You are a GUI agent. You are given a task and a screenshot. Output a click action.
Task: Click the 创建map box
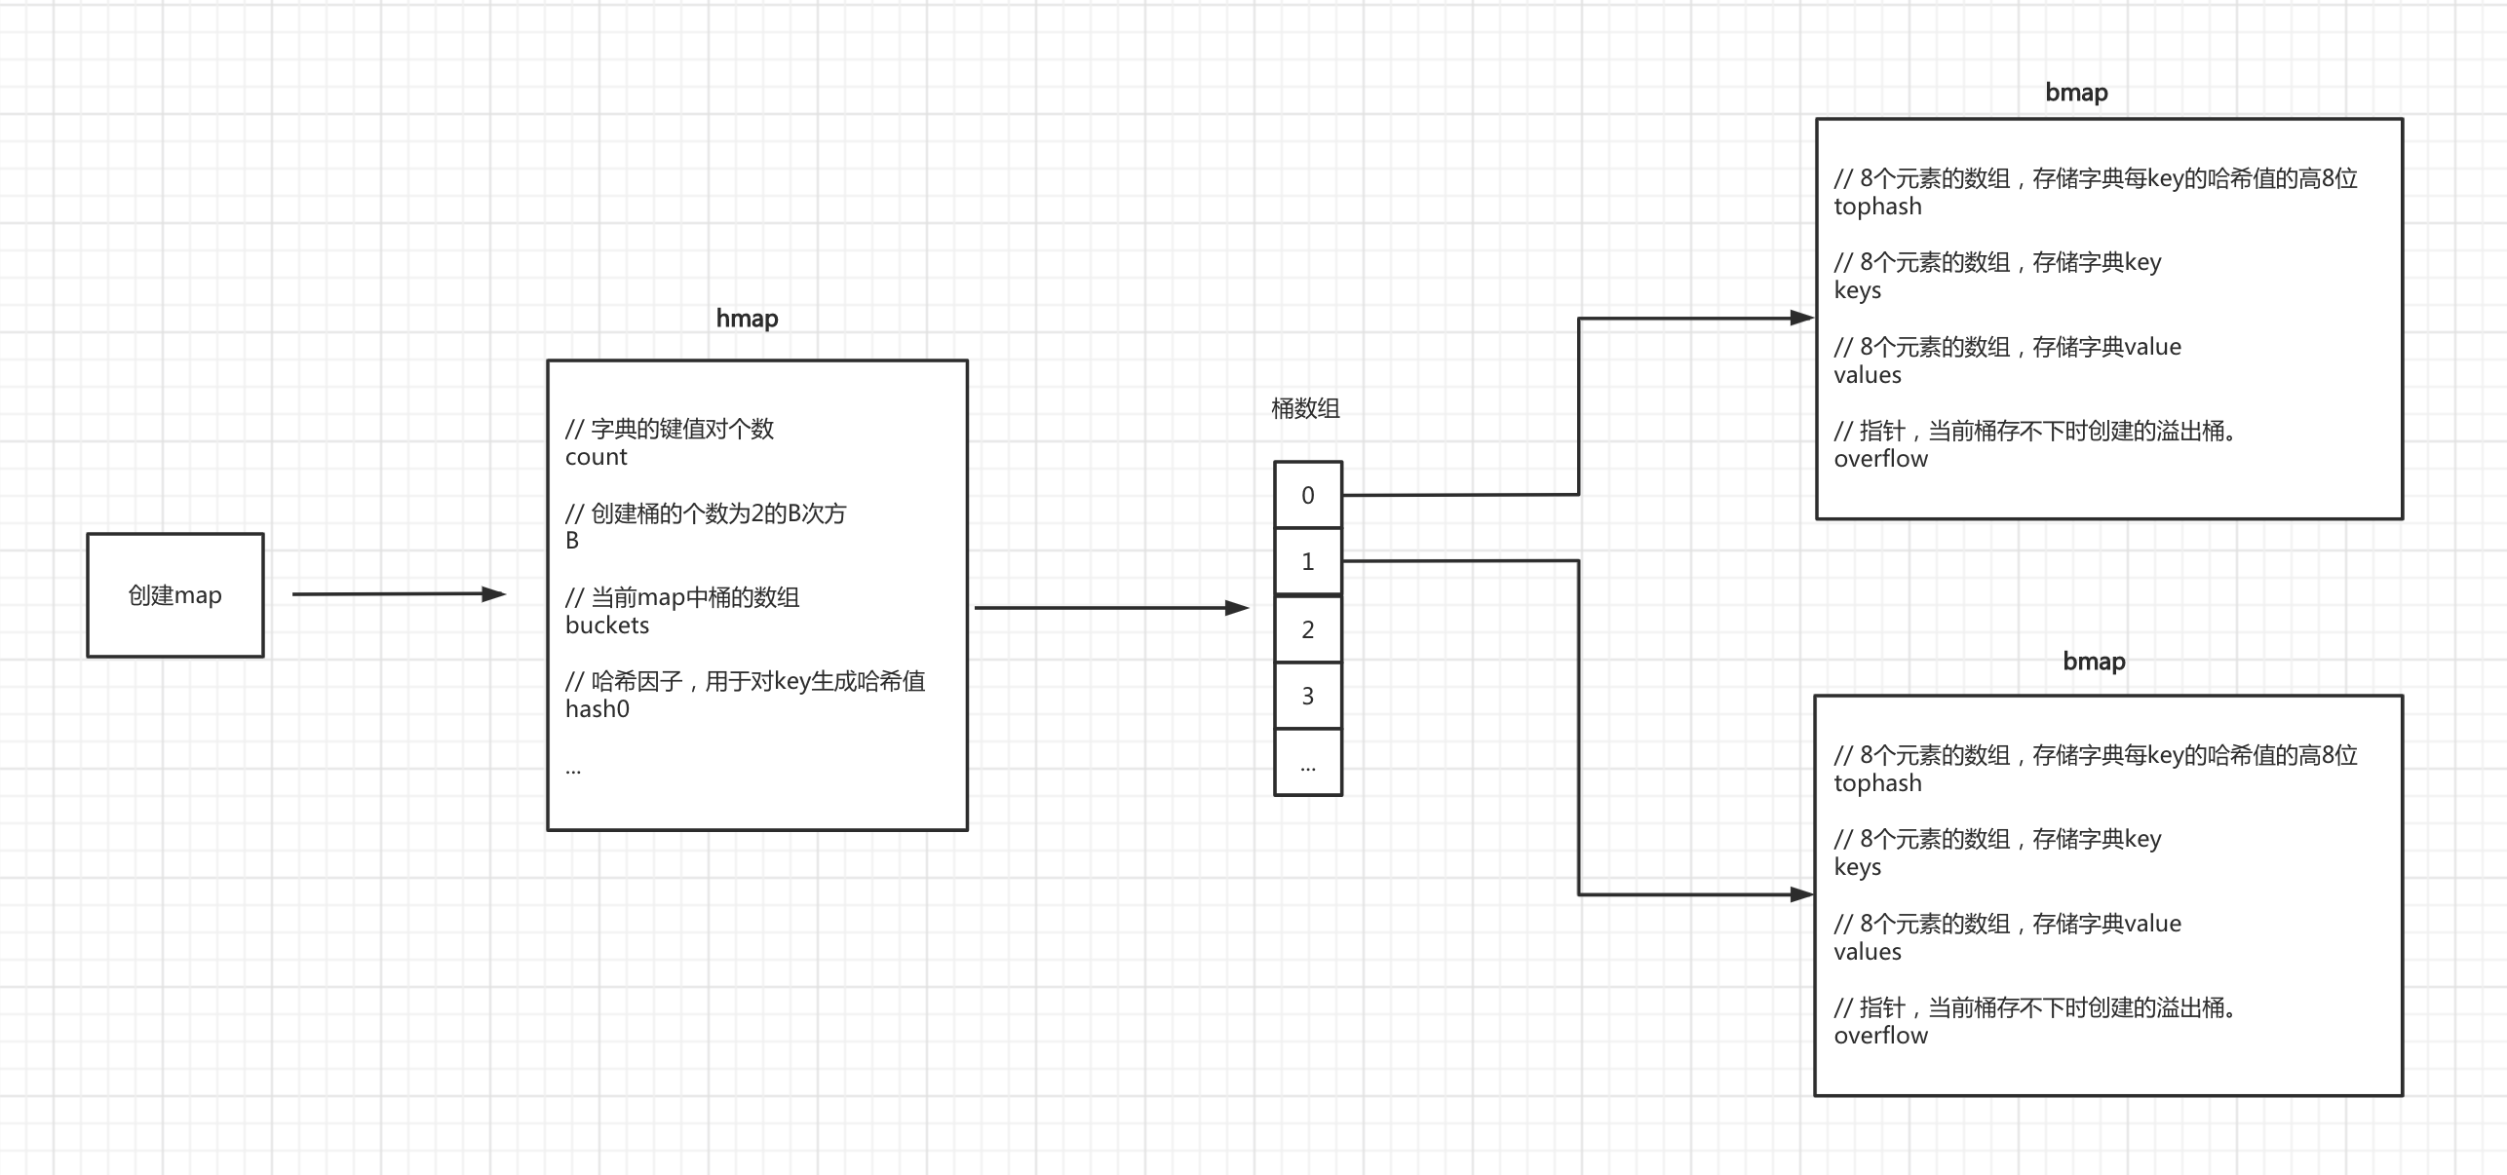click(x=175, y=595)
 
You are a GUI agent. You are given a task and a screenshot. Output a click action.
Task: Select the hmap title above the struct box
click(x=747, y=319)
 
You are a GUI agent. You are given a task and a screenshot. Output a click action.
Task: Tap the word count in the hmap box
click(x=597, y=457)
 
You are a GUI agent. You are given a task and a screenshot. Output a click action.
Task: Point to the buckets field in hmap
click(x=607, y=625)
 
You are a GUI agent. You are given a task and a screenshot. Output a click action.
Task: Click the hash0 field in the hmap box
click(x=598, y=709)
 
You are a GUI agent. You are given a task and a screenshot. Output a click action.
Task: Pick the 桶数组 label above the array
click(x=1305, y=409)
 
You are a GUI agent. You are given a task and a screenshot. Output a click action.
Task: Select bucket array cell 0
click(x=1308, y=495)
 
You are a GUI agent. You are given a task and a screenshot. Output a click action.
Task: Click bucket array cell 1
click(x=1308, y=561)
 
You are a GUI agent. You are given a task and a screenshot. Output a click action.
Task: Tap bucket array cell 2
click(x=1308, y=629)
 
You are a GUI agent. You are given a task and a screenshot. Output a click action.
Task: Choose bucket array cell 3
click(x=1308, y=696)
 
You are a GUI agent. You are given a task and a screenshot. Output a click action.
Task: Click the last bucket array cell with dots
click(x=1308, y=763)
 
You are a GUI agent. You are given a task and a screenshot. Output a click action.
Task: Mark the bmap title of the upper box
click(x=2076, y=93)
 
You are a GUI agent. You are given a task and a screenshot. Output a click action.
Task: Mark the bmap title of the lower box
click(x=2094, y=662)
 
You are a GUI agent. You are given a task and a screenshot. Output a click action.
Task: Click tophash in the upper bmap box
click(x=1877, y=207)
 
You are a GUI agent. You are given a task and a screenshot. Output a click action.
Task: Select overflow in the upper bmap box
click(x=1880, y=459)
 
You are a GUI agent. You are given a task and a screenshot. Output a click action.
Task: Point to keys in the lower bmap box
click(x=1857, y=867)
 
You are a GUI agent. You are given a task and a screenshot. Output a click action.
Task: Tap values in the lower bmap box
click(x=1867, y=952)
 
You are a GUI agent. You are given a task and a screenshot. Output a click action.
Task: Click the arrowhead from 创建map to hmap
click(x=494, y=594)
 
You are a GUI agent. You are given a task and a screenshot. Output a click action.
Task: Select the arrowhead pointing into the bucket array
click(x=1237, y=608)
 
